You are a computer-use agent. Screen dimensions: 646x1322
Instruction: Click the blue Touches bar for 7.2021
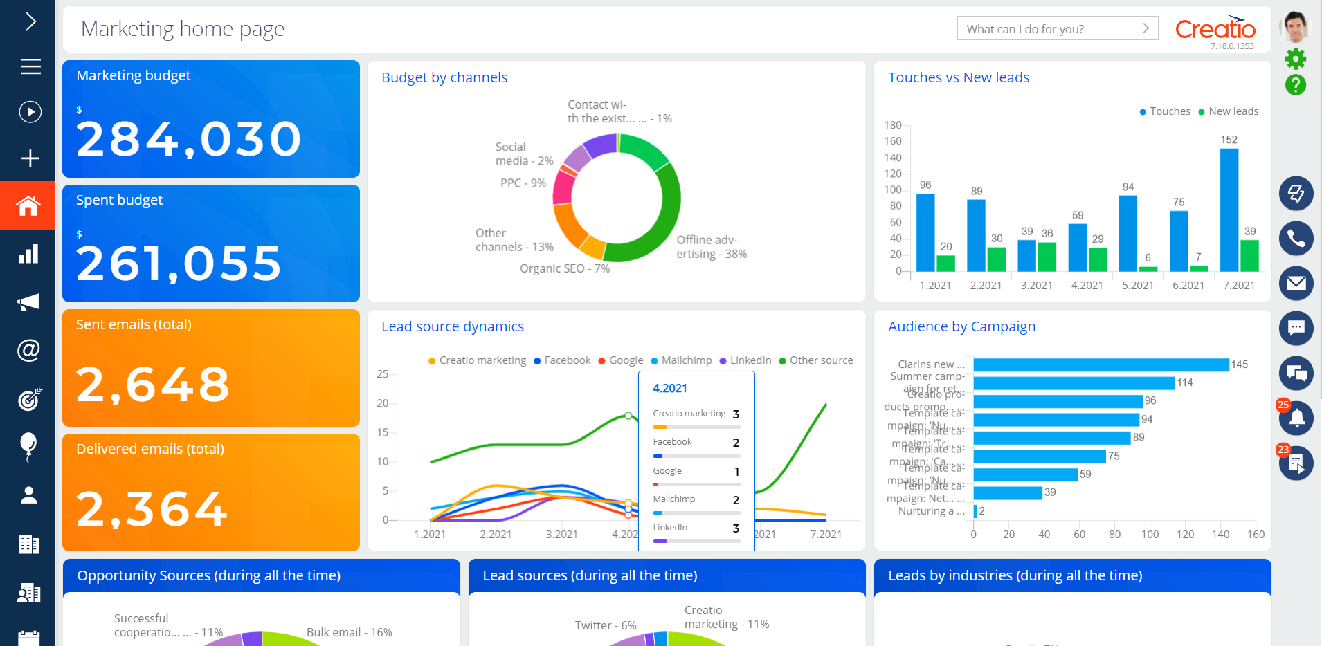1229,210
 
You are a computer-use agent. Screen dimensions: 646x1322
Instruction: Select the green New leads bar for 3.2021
1047,257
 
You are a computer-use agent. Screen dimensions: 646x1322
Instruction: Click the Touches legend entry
1165,111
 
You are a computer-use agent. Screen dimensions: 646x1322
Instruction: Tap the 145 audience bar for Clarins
1101,364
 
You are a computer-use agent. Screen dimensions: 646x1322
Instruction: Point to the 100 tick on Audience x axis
1150,534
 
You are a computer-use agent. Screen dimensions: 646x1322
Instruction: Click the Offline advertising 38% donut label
711,247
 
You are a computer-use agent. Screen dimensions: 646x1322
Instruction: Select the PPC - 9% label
523,183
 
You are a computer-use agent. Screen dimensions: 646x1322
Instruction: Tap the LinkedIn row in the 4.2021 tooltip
696,528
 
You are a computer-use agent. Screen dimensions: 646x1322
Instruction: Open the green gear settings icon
1295,59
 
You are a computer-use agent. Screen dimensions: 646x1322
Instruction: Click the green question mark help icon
1295,85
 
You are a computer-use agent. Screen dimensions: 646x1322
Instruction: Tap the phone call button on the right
1296,239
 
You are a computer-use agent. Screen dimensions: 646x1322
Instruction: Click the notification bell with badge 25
1296,418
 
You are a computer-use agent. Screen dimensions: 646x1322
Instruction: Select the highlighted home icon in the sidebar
28,205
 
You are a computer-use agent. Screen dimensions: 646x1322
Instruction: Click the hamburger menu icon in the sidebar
30,66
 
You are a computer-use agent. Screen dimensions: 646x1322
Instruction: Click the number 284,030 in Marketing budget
188,139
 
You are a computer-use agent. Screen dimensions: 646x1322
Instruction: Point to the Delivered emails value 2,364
152,509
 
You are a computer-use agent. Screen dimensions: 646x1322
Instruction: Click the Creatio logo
1215,28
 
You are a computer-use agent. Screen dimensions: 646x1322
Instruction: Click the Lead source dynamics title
452,326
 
